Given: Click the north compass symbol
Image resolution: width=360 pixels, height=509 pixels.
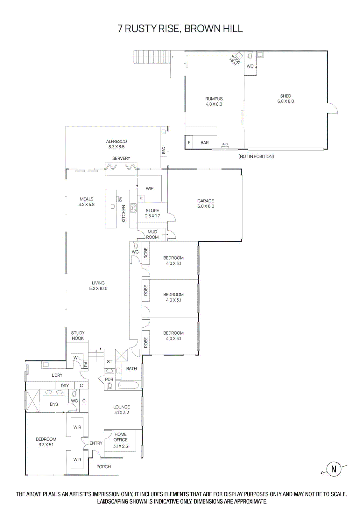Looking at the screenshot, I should [334, 469].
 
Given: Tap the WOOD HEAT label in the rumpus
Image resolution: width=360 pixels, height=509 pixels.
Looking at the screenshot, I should [235, 60].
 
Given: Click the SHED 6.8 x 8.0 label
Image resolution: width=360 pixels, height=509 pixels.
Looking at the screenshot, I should [286, 99].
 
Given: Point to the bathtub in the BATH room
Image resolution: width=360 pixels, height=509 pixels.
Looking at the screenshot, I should [128, 386].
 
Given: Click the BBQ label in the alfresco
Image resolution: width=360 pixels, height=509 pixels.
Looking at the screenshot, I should [164, 150].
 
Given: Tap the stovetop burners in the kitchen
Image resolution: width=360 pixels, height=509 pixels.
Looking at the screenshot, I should [133, 208].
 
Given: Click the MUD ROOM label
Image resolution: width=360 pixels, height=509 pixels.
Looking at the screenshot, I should [152, 234].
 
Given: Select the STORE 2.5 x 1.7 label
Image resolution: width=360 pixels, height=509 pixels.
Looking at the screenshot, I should [152, 213].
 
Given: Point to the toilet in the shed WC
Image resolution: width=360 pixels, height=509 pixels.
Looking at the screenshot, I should [250, 56].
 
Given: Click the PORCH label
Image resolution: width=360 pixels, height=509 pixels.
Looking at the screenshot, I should [103, 467].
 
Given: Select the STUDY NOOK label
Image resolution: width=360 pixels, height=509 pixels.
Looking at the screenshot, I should [78, 336].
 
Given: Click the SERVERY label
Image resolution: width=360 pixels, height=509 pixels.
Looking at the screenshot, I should [121, 158].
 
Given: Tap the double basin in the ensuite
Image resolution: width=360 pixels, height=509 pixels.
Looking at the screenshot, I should [54, 393].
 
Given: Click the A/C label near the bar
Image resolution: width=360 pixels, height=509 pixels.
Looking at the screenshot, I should [225, 144].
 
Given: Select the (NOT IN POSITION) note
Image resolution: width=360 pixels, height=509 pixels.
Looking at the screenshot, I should [256, 157].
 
